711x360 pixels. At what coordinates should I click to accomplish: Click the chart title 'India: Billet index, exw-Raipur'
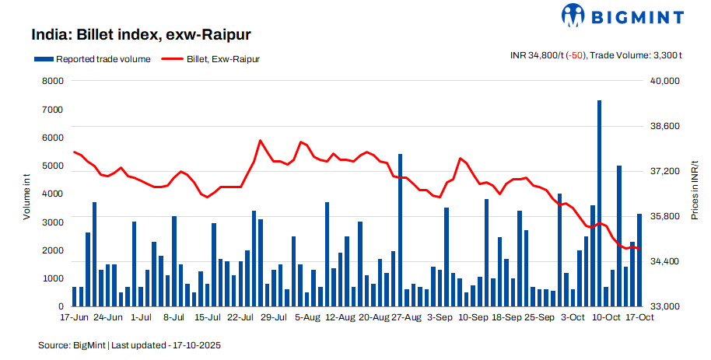click(x=141, y=35)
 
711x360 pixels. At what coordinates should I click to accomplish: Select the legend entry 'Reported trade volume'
click(x=92, y=59)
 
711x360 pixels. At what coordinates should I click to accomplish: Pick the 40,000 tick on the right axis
click(x=665, y=81)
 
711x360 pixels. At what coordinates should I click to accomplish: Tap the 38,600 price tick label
click(x=665, y=126)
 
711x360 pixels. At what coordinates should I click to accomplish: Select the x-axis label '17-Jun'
click(x=75, y=318)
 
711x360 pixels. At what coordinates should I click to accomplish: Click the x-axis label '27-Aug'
click(x=406, y=318)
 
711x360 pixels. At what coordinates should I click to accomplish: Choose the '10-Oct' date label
click(x=606, y=318)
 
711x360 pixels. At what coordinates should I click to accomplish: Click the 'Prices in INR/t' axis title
click(x=695, y=190)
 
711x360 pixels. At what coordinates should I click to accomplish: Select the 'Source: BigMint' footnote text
click(x=72, y=344)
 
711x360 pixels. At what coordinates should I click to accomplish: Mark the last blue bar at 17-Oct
click(x=639, y=260)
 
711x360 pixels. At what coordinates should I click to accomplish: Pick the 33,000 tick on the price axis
click(x=665, y=307)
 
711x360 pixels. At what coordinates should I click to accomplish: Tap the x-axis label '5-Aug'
click(x=307, y=318)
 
